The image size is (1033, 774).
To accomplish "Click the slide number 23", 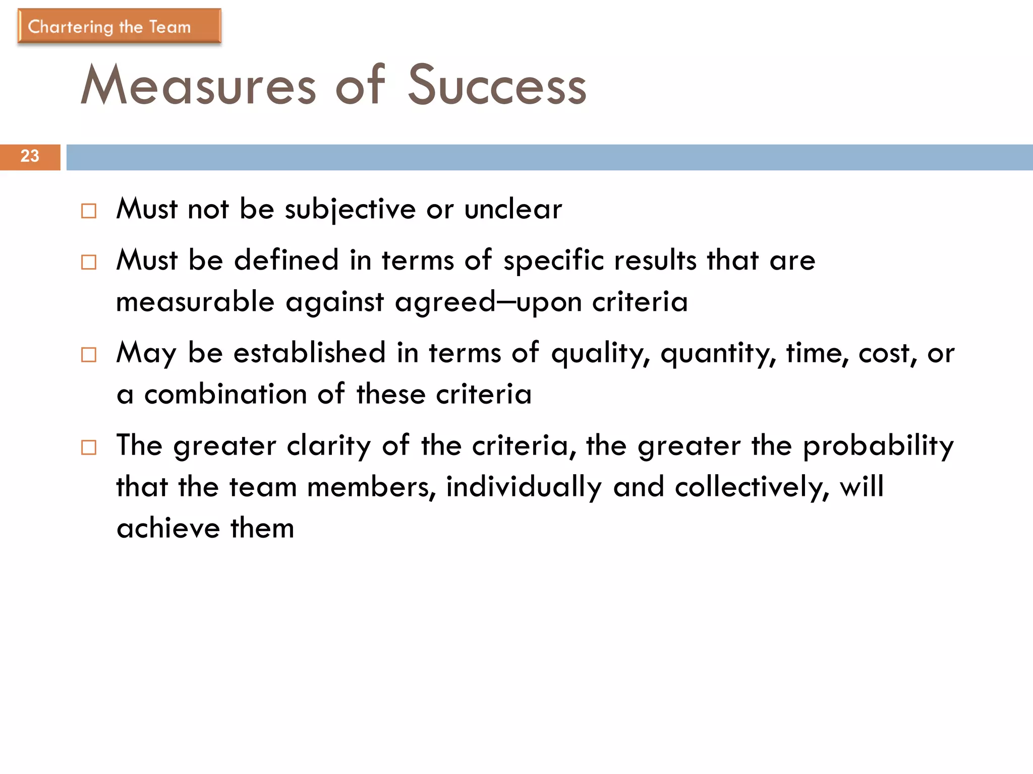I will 30,156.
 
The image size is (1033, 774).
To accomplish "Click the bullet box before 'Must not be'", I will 89,211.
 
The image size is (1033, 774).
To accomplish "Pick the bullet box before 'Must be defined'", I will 89,262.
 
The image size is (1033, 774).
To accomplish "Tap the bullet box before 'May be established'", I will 89,355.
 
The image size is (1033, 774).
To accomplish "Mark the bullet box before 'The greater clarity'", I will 89,447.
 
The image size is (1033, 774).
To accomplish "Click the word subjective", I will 350,210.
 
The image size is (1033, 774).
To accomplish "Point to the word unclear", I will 513,210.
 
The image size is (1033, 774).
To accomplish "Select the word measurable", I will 195,302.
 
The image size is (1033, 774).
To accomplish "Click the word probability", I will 878,446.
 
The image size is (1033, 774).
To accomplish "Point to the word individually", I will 524,487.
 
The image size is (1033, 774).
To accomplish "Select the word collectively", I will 752,487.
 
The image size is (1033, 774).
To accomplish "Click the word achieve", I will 168,529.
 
